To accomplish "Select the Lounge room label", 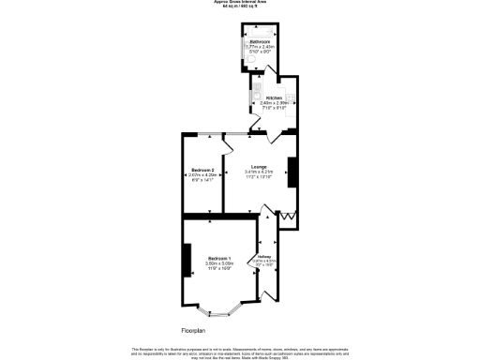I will [x=259, y=167].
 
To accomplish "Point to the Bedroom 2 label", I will [x=202, y=170].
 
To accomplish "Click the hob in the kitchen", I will [x=292, y=97].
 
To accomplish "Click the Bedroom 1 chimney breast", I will [x=187, y=260].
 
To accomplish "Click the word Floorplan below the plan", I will [x=194, y=330].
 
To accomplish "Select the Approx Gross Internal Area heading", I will [x=240, y=4].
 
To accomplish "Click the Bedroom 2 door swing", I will [x=228, y=143].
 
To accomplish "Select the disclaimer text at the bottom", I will [x=240, y=350].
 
